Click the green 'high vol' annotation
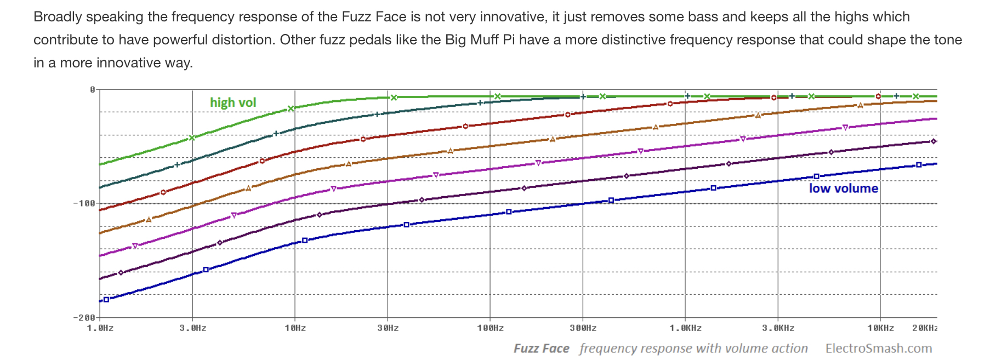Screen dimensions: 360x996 [x=233, y=102]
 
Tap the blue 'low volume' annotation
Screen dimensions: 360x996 [x=843, y=188]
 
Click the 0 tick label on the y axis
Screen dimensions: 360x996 [x=92, y=89]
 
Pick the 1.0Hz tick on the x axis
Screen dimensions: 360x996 [x=100, y=328]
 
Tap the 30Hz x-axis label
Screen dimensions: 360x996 [x=388, y=328]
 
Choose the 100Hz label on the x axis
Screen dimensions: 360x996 [x=490, y=328]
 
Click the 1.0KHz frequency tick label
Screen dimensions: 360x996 [x=685, y=328]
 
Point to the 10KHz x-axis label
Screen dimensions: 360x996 [x=880, y=328]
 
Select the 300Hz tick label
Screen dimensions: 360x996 [x=583, y=328]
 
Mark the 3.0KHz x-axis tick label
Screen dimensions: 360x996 [x=778, y=328]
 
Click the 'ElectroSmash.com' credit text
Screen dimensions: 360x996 [x=878, y=348]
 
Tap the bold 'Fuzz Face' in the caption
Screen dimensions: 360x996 [x=541, y=348]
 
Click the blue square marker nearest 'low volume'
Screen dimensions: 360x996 [x=816, y=176]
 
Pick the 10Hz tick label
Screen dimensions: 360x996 [x=295, y=328]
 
